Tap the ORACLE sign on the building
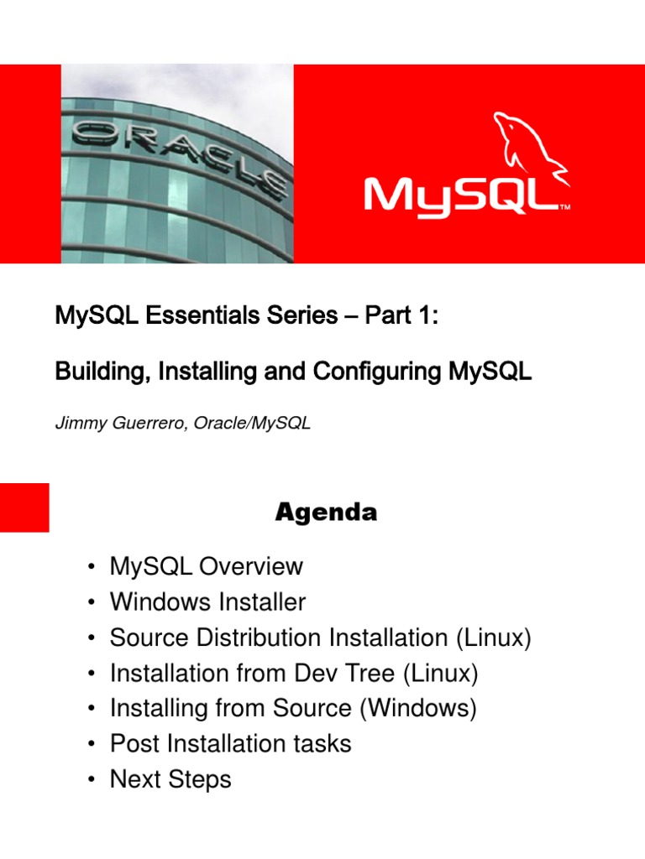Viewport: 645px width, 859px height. pos(181,154)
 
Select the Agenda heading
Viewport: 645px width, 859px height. pos(326,513)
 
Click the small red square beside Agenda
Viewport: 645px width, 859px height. pos(24,507)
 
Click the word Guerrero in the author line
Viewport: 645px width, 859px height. pos(148,424)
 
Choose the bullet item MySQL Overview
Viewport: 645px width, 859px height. pos(206,566)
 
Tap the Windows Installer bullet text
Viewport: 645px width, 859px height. pos(207,602)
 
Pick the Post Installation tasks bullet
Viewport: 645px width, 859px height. pos(230,743)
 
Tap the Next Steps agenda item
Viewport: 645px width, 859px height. pos(170,779)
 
